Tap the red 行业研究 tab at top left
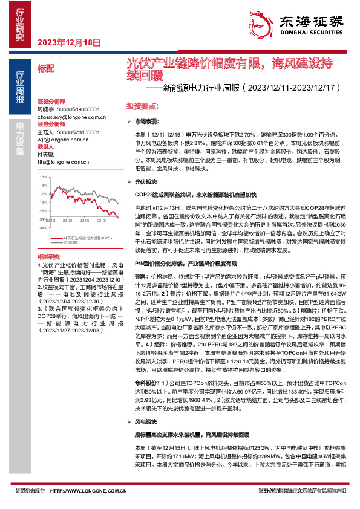pyautogui.click(x=19, y=24)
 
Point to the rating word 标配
pyautogui.click(x=45, y=70)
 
